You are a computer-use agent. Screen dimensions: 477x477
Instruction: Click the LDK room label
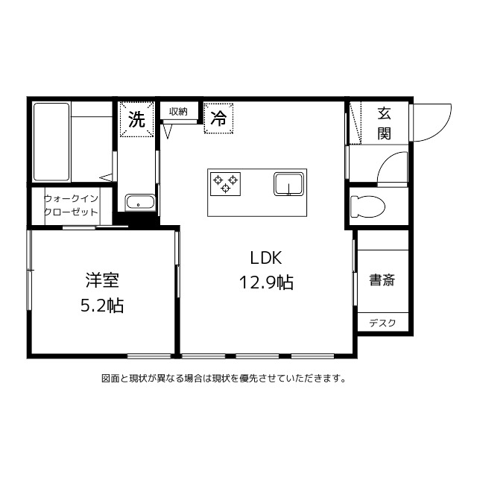[x=265, y=259]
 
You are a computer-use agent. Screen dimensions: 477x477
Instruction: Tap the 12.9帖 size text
[x=265, y=282]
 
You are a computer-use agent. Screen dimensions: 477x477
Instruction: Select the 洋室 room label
[x=103, y=280]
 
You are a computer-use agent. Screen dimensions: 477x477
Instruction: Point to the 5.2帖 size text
[x=103, y=305]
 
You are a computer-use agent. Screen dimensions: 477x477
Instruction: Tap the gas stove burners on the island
[x=225, y=182]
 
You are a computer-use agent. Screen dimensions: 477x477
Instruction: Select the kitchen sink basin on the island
[x=288, y=183]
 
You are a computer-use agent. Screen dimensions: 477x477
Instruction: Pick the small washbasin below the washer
[x=140, y=203]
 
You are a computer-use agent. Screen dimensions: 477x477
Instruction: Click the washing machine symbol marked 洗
[x=137, y=119]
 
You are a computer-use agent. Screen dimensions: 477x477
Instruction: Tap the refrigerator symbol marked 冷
[x=218, y=118]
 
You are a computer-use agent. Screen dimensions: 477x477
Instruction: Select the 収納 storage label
[x=178, y=112]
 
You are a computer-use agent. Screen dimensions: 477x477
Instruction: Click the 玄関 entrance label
[x=384, y=124]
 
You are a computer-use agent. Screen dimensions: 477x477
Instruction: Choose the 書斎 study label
[x=382, y=280]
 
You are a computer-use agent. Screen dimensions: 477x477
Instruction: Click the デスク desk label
[x=382, y=323]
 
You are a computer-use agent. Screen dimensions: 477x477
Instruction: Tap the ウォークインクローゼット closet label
[x=72, y=205]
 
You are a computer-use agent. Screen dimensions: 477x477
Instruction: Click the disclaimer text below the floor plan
[x=224, y=378]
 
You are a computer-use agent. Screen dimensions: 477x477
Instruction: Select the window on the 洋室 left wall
[x=30, y=269]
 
